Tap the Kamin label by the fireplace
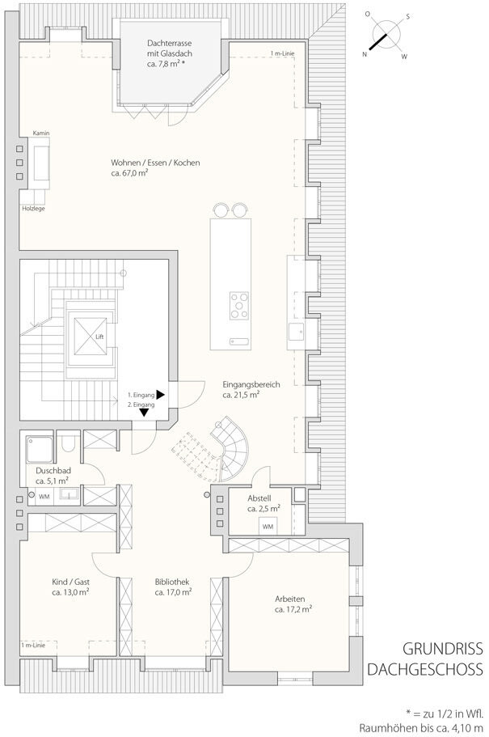coord(41,133)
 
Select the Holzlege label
coord(33,209)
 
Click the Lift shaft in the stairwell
coord(90,336)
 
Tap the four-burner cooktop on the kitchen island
coord(239,306)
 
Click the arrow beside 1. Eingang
coord(161,395)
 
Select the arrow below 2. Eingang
coord(144,413)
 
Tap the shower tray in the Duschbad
coord(39,449)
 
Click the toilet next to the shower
coord(69,443)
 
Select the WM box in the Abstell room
coord(268,527)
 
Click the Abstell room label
coord(259,498)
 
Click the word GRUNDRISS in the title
coord(442,649)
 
